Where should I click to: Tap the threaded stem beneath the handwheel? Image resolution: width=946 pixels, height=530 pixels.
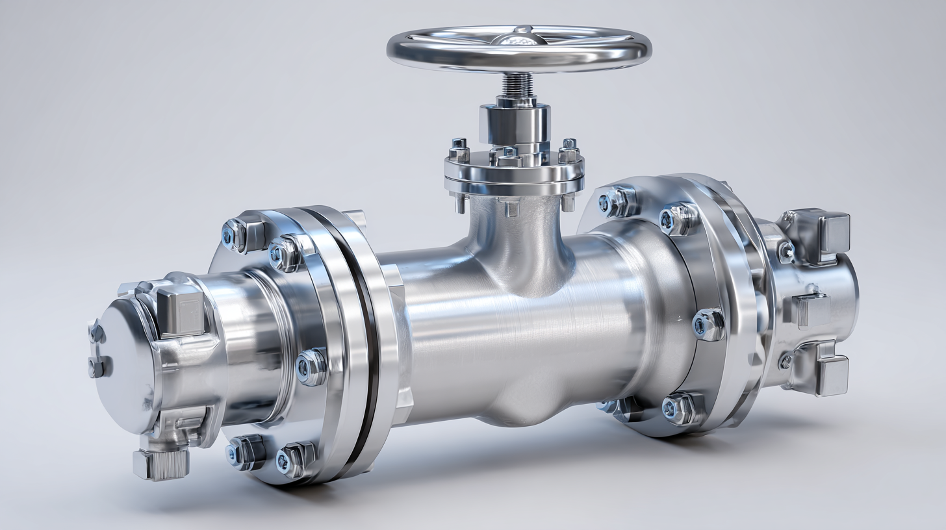518,84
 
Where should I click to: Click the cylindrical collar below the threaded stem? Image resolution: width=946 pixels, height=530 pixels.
515,123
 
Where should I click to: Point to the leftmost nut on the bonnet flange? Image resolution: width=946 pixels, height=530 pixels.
459,151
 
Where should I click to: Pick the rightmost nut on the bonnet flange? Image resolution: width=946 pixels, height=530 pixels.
569,151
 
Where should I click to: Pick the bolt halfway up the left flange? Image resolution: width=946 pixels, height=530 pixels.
311,366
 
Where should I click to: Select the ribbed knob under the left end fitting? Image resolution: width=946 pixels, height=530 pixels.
161,464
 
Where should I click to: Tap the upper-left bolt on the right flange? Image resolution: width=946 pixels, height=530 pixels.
613,201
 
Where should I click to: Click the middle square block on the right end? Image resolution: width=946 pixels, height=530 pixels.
812,309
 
